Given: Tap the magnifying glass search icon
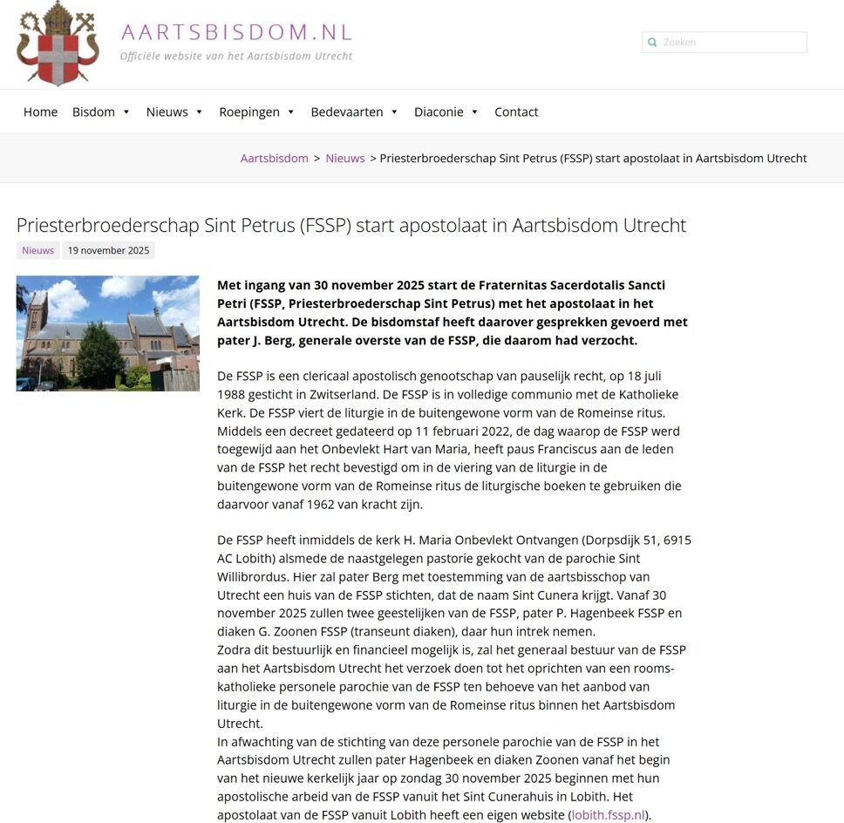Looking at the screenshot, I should [x=651, y=42].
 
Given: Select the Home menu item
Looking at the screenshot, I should [x=40, y=112].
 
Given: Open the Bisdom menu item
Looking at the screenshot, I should [x=93, y=112].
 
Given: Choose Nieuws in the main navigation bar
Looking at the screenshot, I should [x=167, y=112].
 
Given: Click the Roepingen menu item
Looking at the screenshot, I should [x=249, y=112].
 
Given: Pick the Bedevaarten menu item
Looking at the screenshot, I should [x=347, y=112].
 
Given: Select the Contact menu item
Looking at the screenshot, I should [x=516, y=112].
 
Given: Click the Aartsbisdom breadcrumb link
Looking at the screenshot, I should [x=275, y=158].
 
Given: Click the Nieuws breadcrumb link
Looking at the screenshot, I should [x=345, y=158].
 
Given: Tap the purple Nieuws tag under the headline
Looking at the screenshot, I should [x=37, y=250].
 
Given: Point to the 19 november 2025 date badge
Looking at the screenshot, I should [x=109, y=250].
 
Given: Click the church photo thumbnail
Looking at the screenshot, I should [x=108, y=333].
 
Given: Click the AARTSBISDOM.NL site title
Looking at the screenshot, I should [x=237, y=33].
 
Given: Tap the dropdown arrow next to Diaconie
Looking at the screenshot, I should [x=474, y=112].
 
